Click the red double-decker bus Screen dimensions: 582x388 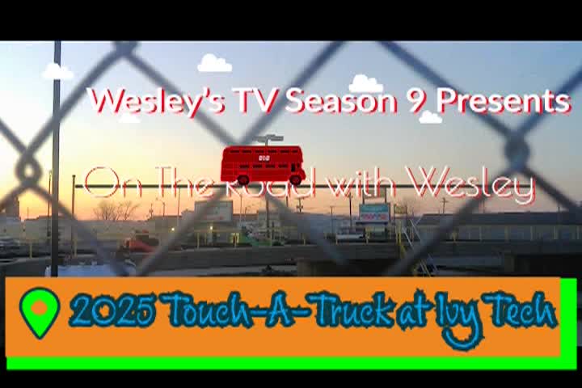[264, 165]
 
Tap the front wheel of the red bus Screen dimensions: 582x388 [296, 179]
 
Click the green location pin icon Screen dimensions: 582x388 [40, 312]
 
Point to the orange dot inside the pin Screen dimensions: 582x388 [39, 308]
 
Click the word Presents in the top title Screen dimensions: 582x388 [502, 101]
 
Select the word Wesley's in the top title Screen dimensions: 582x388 [158, 102]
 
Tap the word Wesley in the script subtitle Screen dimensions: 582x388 [470, 183]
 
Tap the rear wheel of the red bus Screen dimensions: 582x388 [243, 179]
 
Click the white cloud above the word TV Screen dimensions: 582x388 [214, 63]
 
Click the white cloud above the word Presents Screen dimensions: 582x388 [431, 117]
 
